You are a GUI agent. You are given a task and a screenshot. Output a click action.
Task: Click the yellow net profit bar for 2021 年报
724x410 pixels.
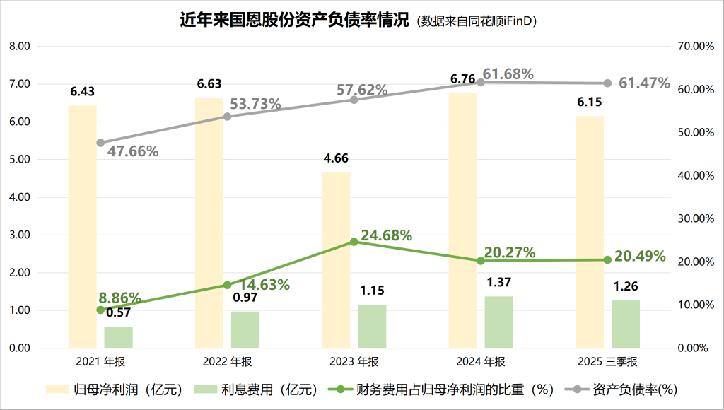82,226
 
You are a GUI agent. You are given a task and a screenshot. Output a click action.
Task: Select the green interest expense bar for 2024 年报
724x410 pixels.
498,322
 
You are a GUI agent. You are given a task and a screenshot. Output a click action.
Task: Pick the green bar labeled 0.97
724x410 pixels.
245,329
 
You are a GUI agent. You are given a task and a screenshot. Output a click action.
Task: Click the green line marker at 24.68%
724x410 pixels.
354,242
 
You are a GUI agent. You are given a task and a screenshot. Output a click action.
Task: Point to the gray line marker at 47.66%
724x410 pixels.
100,143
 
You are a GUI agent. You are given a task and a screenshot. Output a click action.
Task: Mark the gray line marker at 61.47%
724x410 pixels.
607,83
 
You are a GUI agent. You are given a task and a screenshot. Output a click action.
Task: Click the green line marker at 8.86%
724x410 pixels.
100,310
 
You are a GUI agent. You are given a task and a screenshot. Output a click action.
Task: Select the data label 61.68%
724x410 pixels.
508,74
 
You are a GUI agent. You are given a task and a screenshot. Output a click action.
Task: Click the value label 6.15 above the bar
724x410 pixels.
589,102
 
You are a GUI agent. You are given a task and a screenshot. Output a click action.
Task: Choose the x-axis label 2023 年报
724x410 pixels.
354,362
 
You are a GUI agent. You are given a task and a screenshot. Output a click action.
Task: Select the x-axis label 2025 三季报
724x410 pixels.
607,362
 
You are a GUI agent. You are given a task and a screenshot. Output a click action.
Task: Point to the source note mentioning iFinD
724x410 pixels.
479,21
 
